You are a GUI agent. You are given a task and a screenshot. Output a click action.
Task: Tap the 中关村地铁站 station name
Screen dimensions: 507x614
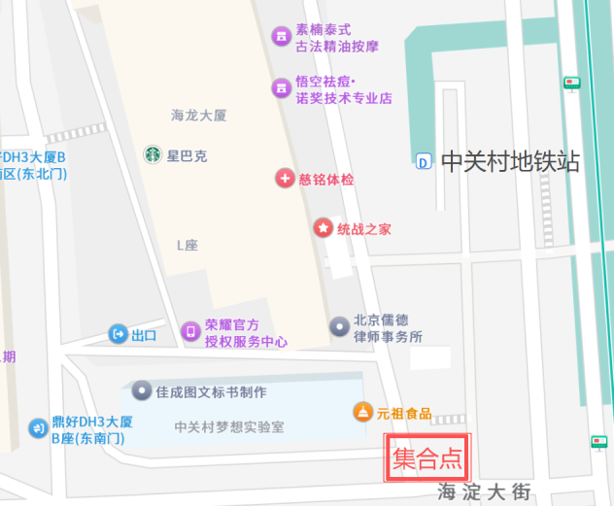click(510, 161)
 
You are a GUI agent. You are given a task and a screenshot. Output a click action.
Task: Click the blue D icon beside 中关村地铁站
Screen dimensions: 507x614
click(424, 162)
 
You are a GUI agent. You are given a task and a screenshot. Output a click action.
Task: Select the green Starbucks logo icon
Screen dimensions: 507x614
click(153, 154)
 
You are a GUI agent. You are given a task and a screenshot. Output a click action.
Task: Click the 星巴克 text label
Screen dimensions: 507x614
click(187, 155)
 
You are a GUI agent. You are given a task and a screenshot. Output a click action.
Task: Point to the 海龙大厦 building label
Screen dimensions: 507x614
click(198, 116)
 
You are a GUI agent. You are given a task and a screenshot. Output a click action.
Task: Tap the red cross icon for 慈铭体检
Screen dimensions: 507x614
click(285, 179)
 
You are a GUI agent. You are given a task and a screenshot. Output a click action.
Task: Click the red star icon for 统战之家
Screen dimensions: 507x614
click(322, 228)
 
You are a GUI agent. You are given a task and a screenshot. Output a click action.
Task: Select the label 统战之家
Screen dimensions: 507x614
click(364, 229)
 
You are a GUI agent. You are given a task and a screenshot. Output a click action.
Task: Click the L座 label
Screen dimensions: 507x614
click(187, 246)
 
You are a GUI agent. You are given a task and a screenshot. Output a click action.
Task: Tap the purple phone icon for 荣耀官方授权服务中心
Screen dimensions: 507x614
click(190, 332)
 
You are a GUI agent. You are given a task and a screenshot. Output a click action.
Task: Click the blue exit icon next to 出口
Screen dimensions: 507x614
click(119, 335)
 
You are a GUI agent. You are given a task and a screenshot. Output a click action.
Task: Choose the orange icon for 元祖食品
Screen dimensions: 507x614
click(362, 413)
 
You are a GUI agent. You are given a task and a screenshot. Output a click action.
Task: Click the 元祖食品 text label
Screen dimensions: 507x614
click(404, 414)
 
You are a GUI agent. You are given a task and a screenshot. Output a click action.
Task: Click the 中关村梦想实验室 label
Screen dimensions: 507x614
click(229, 427)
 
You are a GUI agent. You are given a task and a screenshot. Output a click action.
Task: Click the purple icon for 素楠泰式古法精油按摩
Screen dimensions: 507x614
click(282, 37)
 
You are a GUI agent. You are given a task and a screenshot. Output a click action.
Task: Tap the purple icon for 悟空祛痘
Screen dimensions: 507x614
click(282, 89)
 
